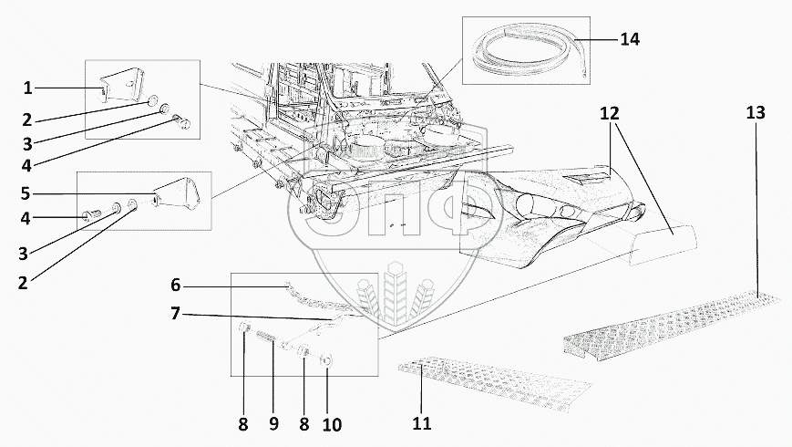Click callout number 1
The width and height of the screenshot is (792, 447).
click(28, 88)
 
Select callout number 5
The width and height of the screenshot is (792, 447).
click(26, 193)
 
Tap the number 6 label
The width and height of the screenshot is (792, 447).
click(175, 285)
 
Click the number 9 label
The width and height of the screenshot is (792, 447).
click(273, 423)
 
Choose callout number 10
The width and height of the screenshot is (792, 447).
click(332, 423)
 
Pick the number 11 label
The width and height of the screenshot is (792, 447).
click(421, 424)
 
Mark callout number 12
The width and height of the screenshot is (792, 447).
click(610, 114)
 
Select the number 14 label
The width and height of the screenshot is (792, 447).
click(630, 39)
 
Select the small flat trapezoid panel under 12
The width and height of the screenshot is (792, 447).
click(663, 243)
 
